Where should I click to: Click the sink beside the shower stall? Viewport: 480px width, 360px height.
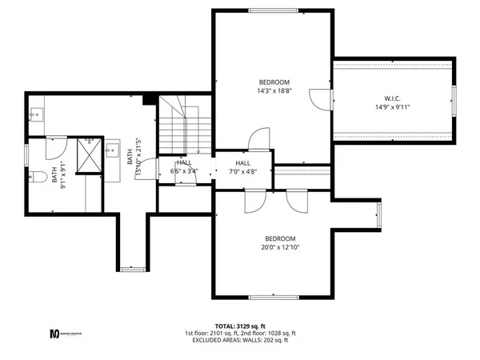pos(113,150)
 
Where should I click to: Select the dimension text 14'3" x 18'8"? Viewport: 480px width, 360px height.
pos(274,91)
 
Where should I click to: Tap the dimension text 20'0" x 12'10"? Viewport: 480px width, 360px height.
pos(281,248)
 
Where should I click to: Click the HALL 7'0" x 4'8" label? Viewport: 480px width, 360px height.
pos(243,166)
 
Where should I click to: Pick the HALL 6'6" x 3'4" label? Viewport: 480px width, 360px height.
pos(184,166)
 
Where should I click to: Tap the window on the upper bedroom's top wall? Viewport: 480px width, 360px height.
pos(275,11)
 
